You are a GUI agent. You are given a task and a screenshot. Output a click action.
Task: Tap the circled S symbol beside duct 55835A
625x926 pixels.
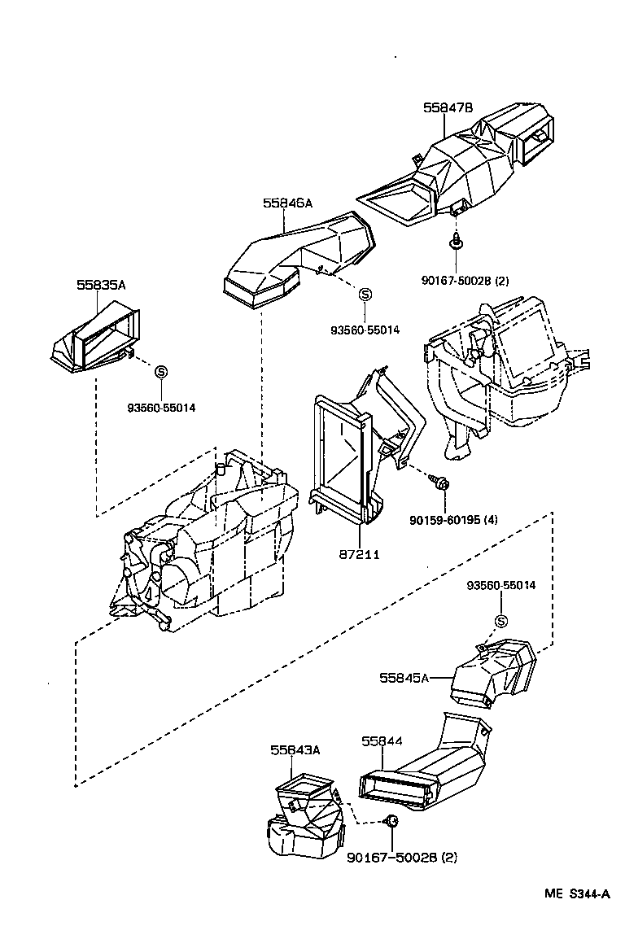(x=161, y=372)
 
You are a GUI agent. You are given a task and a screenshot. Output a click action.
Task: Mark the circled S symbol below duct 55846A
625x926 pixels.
(x=365, y=295)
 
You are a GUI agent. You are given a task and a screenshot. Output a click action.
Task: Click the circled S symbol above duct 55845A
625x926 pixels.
(x=500, y=622)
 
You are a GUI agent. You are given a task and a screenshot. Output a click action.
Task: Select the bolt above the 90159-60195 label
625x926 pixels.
(x=442, y=484)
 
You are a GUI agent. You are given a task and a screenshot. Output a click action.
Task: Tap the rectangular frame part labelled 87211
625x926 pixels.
(x=342, y=456)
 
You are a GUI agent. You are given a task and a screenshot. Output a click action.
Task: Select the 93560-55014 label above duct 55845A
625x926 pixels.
(x=501, y=586)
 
